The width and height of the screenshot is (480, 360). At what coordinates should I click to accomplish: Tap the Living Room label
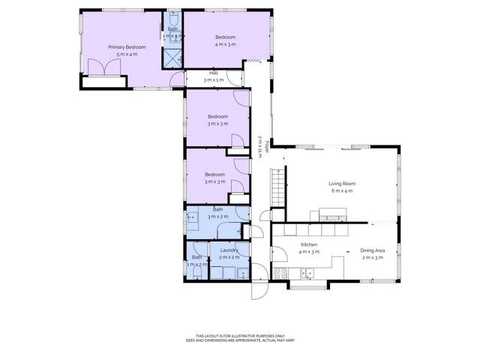pos(342,183)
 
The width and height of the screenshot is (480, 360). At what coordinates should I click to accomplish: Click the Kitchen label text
pos(310,244)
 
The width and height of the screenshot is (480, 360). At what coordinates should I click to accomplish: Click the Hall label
pos(213,73)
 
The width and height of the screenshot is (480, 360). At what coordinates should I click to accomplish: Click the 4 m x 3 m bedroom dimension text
pos(226,45)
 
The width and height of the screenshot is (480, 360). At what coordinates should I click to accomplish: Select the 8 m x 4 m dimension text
pos(342,191)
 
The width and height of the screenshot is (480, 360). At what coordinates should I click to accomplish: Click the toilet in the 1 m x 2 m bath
pos(196,274)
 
